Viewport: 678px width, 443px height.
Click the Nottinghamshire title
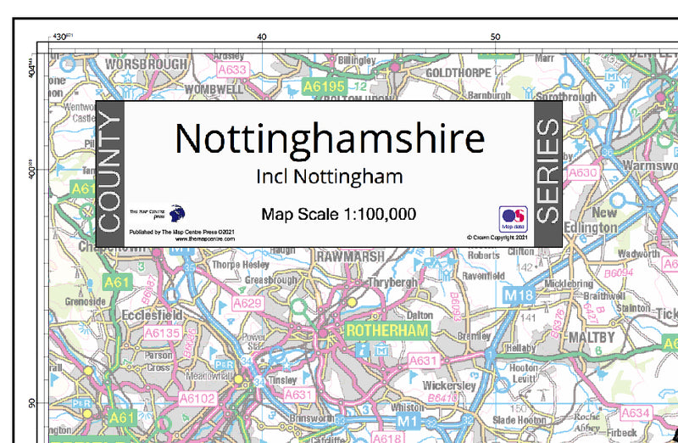pyautogui.click(x=329, y=138)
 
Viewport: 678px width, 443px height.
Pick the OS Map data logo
pyautogui.click(x=513, y=219)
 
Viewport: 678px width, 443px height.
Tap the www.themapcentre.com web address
pyautogui.click(x=193, y=239)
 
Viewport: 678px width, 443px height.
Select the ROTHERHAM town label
pyautogui.click(x=386, y=328)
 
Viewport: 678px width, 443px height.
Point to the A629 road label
pyautogui.click(x=247, y=302)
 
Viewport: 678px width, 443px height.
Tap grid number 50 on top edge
pyautogui.click(x=496, y=36)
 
